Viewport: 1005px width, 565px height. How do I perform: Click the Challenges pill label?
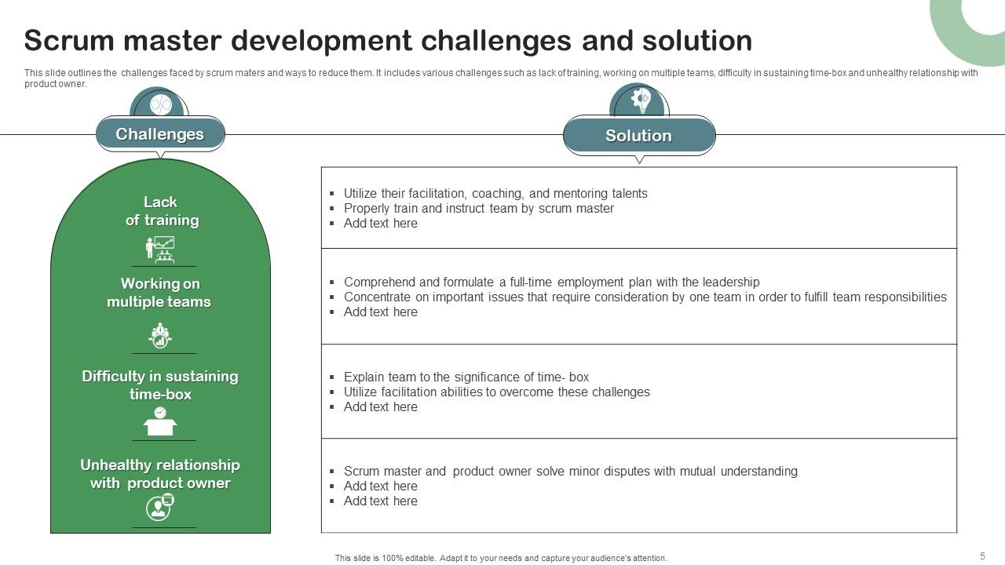point(159,134)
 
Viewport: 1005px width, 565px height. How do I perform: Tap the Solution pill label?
point(638,136)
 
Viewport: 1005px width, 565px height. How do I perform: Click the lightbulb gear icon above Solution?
point(641,100)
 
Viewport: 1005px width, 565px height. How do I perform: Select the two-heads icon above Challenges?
point(161,105)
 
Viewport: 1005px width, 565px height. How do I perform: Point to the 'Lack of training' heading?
point(162,211)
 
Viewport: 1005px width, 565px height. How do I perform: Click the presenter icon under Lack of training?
point(160,250)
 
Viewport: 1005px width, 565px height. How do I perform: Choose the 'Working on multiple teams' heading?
point(159,293)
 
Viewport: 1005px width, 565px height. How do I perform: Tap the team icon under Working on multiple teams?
point(160,335)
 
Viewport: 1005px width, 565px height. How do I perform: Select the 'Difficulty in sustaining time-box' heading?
point(160,385)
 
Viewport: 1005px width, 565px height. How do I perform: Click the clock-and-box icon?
point(160,421)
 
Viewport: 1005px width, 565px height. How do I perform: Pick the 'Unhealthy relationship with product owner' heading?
point(160,474)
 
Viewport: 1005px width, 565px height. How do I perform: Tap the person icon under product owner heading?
point(159,507)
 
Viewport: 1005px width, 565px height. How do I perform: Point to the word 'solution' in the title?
point(697,40)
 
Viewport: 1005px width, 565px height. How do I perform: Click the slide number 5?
point(982,556)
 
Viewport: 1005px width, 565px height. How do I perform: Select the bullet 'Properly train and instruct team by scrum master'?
point(479,209)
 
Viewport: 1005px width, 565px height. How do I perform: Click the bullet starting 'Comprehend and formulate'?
point(551,282)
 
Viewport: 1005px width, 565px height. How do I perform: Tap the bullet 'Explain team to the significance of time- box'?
point(466,377)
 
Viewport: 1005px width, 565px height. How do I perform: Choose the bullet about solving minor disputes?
point(571,472)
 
